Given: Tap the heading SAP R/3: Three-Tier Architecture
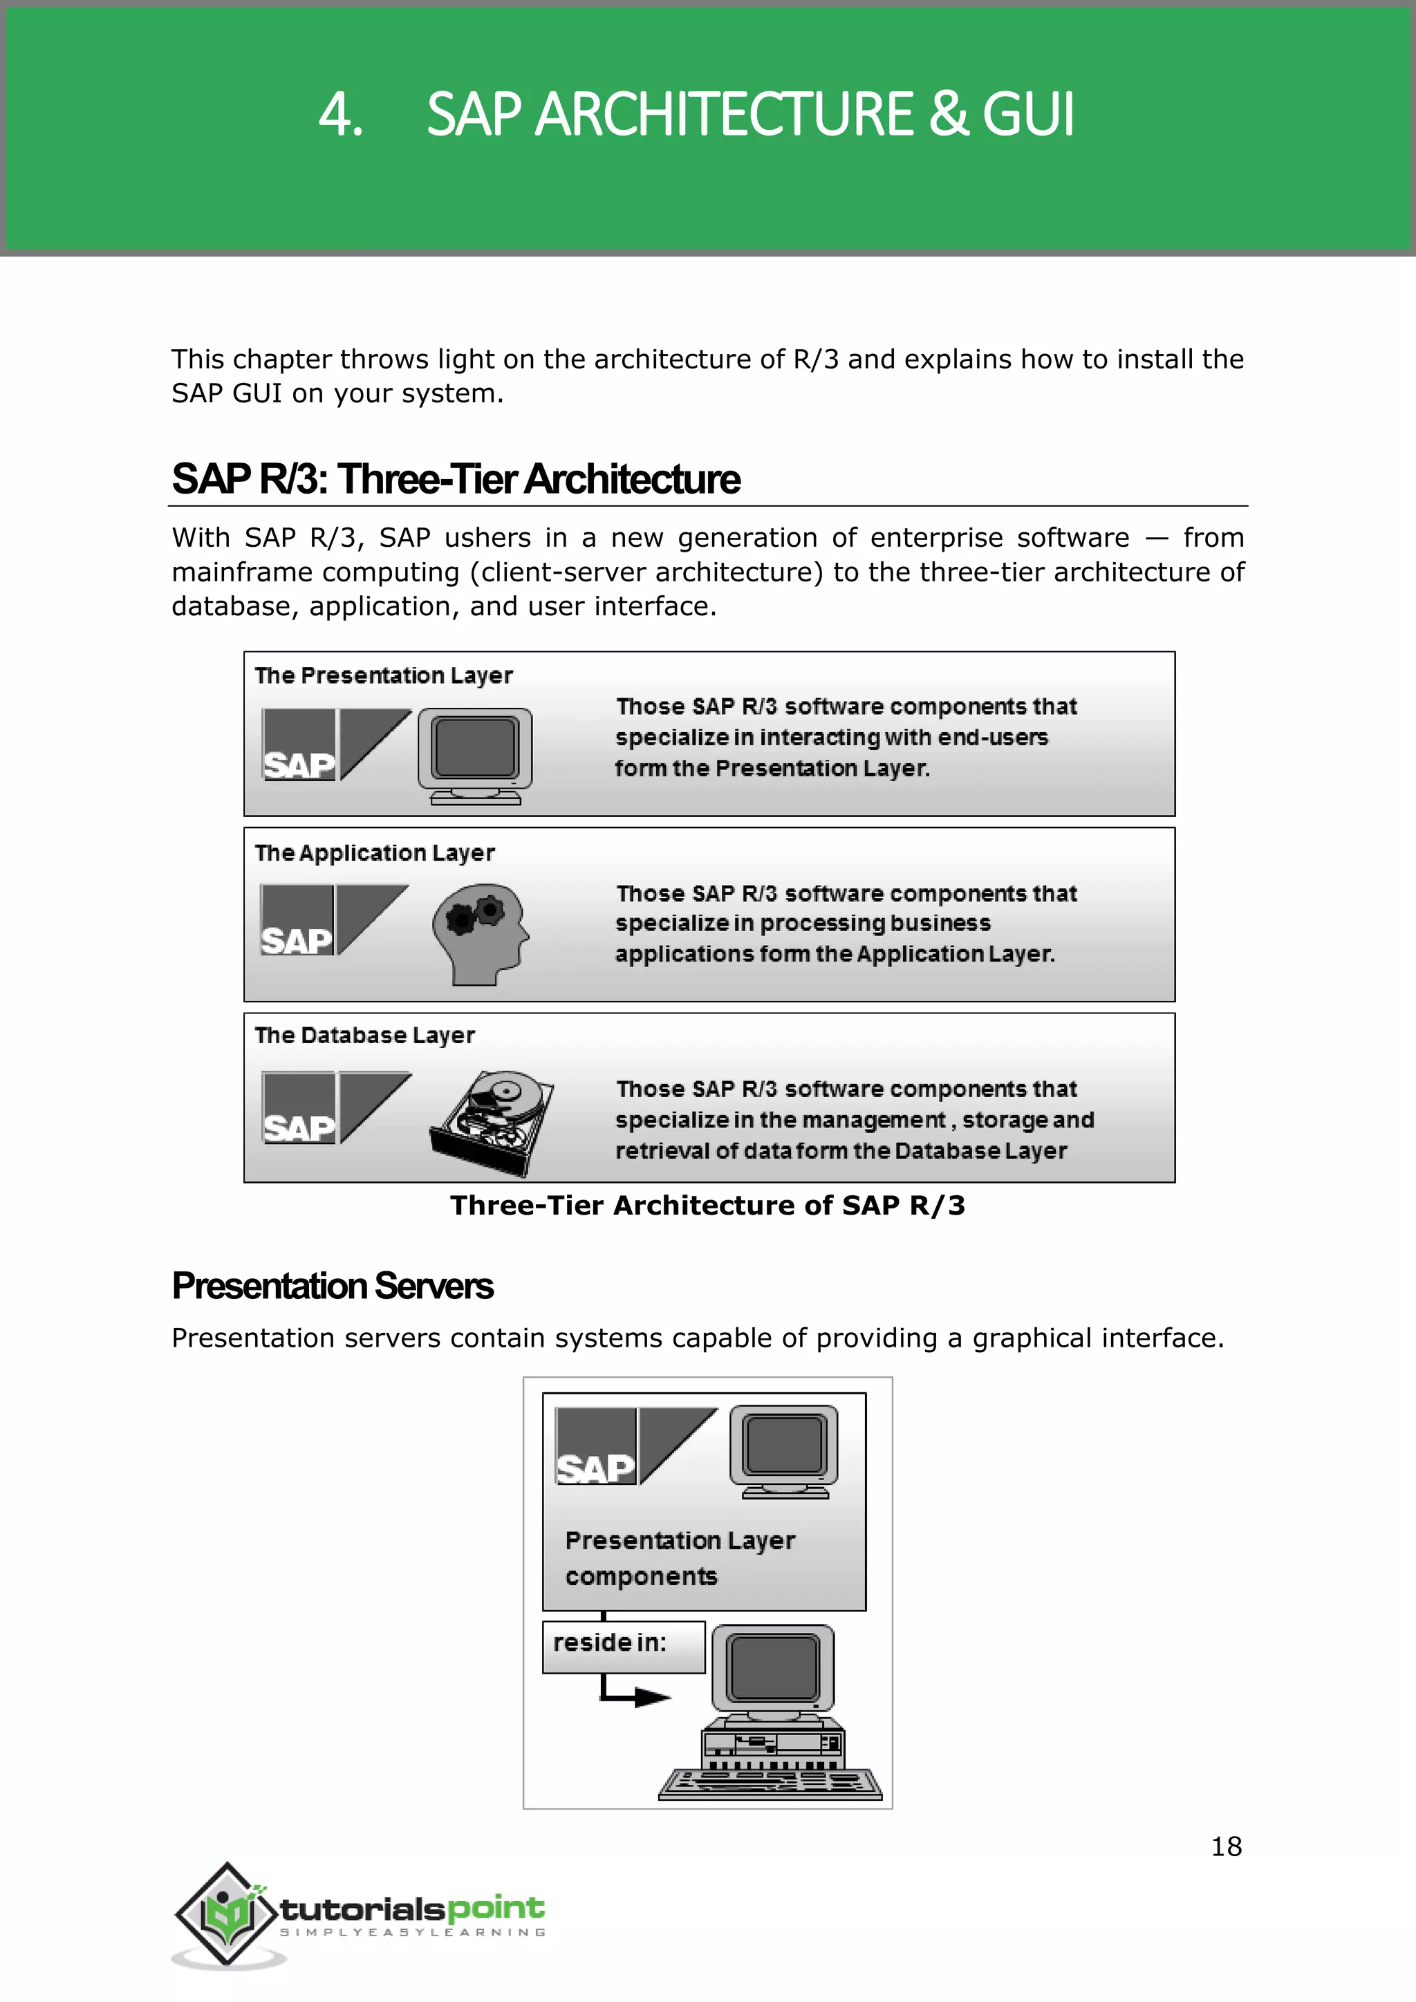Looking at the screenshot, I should tap(455, 480).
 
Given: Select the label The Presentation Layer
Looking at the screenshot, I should tap(383, 676).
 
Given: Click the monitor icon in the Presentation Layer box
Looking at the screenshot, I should tap(475, 754).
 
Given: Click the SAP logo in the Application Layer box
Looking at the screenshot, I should tap(334, 920).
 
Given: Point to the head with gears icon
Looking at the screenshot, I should tap(480, 933).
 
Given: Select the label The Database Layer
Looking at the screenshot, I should tap(364, 1036).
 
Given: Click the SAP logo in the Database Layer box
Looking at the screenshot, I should tap(336, 1107).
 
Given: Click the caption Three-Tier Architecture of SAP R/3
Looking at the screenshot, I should tap(707, 1206).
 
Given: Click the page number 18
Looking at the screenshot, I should tap(1226, 1846).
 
